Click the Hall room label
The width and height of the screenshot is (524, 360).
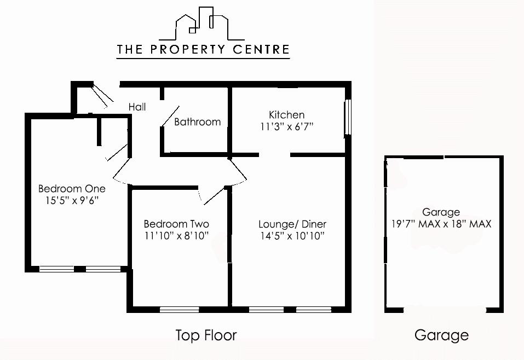137,107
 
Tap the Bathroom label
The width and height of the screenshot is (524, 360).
197,121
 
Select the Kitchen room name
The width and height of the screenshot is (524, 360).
286,115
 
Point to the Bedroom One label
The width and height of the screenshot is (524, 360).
72,189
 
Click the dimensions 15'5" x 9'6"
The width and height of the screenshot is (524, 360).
72,201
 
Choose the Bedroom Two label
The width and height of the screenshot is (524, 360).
176,224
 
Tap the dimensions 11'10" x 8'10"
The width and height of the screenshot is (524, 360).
176,236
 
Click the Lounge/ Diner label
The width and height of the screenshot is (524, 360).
292,224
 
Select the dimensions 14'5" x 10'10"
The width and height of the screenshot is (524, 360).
292,236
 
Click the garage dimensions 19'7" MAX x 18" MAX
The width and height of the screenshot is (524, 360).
441,224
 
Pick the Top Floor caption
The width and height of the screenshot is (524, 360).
206,335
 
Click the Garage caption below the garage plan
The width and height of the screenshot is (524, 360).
441,335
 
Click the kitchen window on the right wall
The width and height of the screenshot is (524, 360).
347,118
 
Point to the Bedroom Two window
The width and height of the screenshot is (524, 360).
179,310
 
